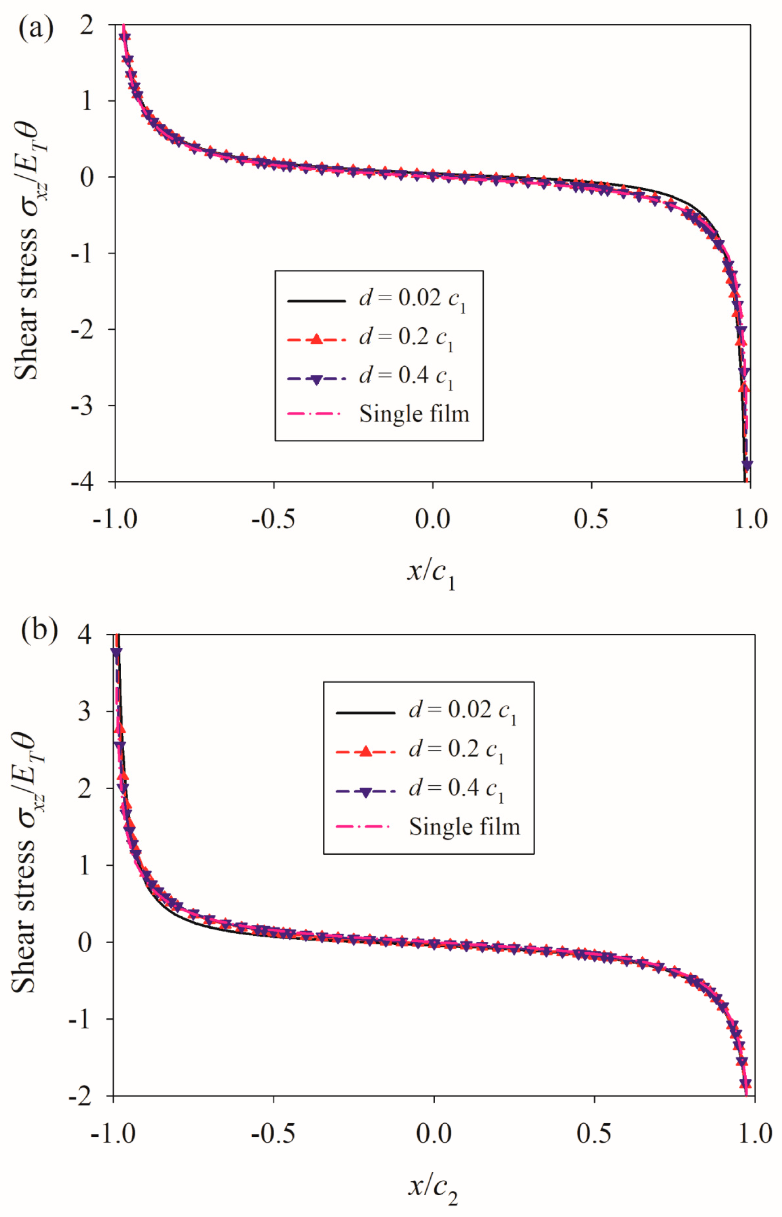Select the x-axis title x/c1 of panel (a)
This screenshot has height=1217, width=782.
431,574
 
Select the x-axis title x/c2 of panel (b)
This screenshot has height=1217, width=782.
433,1189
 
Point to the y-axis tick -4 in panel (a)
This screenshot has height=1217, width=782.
82,481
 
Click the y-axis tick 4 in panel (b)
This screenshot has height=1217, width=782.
85,634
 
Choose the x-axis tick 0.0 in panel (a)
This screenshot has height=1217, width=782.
432,519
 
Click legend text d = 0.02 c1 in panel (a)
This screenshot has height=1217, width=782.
412,299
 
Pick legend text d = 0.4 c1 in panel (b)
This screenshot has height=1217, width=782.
456,789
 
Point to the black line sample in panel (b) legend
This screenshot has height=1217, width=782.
365,713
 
